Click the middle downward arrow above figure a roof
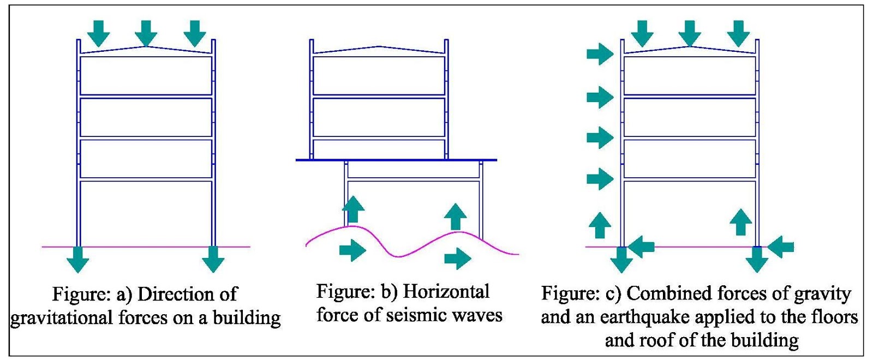tap(146, 33)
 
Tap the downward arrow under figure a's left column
tap(77, 259)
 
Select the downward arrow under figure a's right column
tap(213, 259)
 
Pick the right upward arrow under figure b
tap(456, 217)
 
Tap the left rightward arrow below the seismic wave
tap(352, 250)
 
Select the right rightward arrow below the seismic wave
tap(457, 259)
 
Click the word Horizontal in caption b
tap(446, 291)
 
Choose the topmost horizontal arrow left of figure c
tap(600, 53)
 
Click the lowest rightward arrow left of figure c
tap(600, 178)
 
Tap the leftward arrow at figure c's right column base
tap(781, 247)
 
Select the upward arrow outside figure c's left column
tap(600, 225)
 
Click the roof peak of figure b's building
tap(379, 47)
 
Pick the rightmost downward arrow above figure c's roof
tap(739, 33)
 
